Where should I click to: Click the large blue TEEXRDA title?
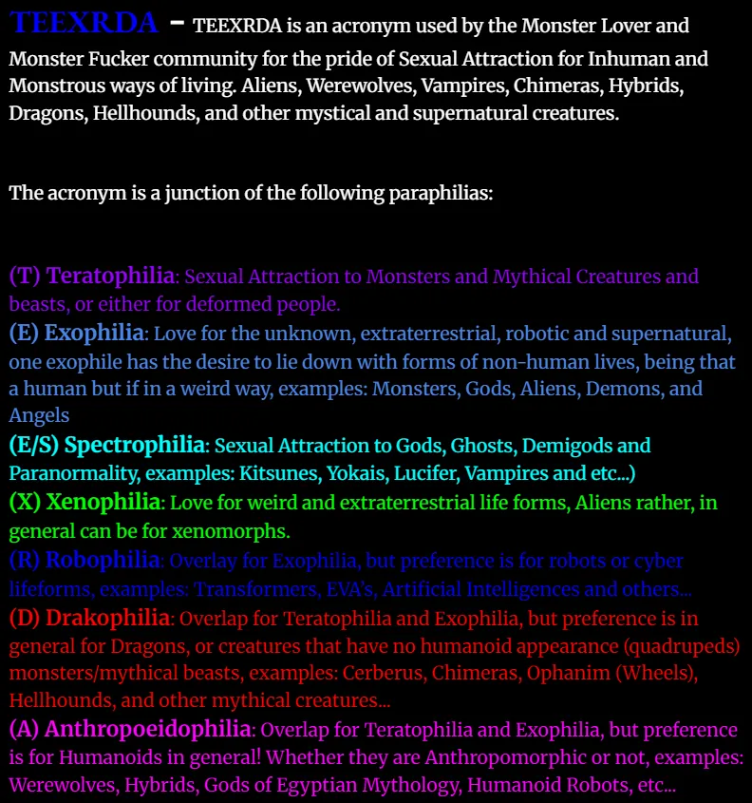coord(85,22)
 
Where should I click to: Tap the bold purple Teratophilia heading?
coord(110,276)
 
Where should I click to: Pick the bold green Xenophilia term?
coord(103,502)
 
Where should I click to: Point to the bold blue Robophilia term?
coord(102,560)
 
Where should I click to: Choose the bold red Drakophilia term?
coord(107,618)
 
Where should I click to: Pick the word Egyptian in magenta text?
coord(346,786)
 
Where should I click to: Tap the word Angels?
coord(39,415)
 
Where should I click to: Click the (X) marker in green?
coord(25,502)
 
